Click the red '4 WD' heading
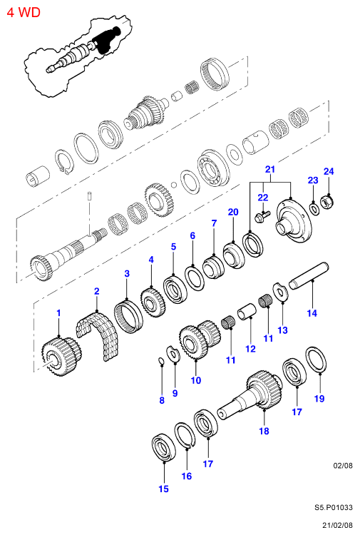point(24,13)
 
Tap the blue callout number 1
point(58,313)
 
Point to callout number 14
point(312,313)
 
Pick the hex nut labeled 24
point(327,202)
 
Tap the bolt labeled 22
point(262,215)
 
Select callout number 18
point(264,431)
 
